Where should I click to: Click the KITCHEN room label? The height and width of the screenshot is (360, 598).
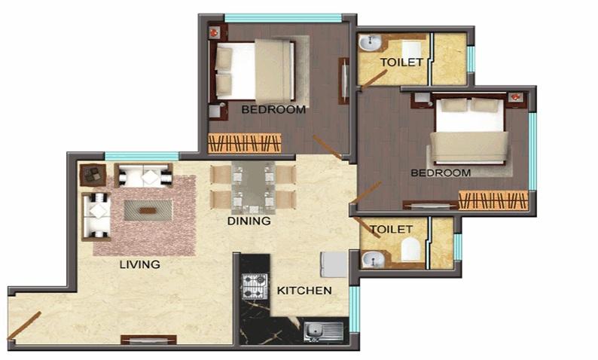(304, 291)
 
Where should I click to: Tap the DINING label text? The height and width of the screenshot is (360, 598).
(249, 221)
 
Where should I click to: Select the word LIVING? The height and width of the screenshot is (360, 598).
(139, 264)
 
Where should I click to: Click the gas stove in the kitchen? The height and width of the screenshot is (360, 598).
(255, 286)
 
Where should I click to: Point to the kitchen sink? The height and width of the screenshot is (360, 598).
(323, 331)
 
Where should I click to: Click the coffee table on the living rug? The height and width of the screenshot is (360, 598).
(148, 211)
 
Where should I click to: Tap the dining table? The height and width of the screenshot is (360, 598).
(253, 188)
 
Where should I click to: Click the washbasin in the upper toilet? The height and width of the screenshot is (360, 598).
(370, 43)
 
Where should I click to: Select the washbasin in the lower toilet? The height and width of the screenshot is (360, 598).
(373, 260)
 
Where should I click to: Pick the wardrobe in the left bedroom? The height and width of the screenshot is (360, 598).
(245, 143)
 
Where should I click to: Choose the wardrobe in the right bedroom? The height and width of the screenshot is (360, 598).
(493, 200)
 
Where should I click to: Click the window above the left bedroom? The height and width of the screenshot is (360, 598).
(282, 18)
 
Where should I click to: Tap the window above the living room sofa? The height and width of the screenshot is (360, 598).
(142, 156)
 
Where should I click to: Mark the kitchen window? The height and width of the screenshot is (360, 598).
(354, 309)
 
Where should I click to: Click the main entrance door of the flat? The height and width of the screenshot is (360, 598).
(24, 325)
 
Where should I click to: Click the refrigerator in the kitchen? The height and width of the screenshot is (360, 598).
(334, 264)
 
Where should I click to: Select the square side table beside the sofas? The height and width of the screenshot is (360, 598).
(93, 175)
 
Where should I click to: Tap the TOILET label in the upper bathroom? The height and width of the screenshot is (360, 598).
(401, 63)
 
